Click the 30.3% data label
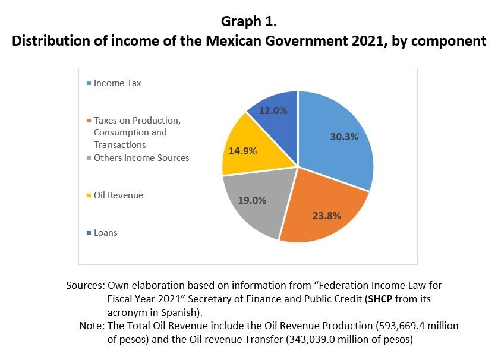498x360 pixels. point(344,137)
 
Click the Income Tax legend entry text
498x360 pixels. point(117,83)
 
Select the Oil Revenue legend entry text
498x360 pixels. point(118,195)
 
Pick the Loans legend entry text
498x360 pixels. point(105,232)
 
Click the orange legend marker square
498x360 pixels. point(89,121)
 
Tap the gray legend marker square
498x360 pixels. point(89,158)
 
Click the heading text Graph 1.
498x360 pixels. point(249,22)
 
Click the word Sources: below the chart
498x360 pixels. point(85,286)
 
